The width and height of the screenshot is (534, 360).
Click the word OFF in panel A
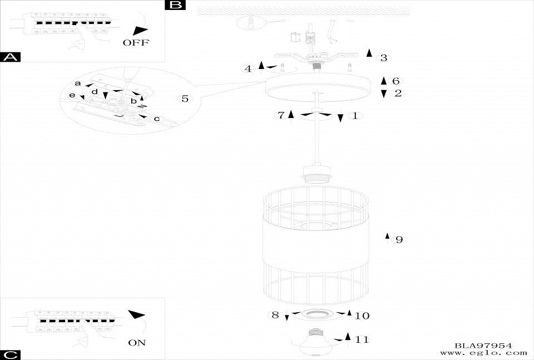click(x=136, y=43)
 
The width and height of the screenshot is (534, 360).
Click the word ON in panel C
click(x=137, y=343)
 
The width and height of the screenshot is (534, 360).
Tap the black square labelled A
click(x=11, y=57)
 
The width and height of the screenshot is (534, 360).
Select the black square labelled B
click(x=175, y=5)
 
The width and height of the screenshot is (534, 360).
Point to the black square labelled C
click(x=11, y=355)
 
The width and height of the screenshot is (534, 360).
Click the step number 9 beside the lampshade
click(x=398, y=240)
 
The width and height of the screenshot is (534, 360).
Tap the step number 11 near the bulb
click(x=362, y=339)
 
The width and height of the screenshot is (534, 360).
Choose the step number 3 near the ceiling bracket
click(x=383, y=58)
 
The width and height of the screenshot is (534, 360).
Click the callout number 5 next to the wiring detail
click(x=185, y=99)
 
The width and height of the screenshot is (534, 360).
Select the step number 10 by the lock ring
click(x=362, y=316)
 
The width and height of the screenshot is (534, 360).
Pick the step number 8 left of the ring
click(x=275, y=315)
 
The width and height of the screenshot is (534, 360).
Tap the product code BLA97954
click(x=483, y=346)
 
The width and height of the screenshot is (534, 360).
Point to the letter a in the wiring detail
click(x=78, y=83)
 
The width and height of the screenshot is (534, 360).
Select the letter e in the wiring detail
click(x=72, y=96)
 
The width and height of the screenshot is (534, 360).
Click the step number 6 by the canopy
click(x=396, y=81)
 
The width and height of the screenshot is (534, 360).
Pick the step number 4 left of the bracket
click(x=248, y=69)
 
